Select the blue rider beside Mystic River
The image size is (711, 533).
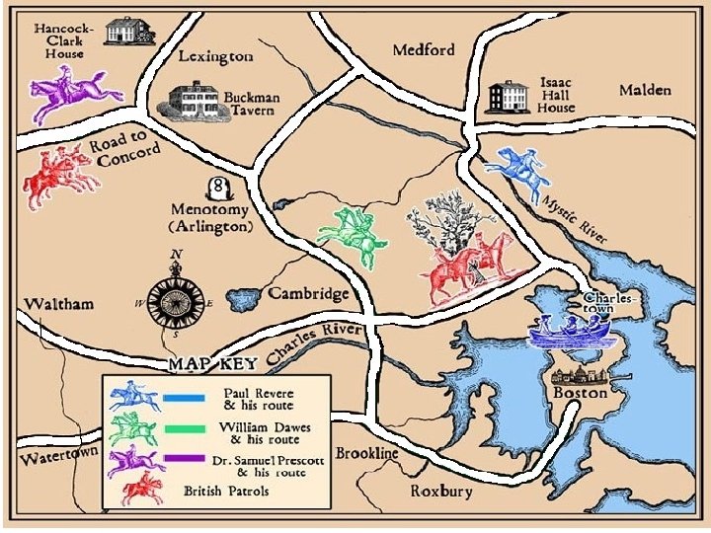(520, 170)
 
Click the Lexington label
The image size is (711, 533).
(215, 57)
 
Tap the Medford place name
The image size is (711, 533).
(424, 50)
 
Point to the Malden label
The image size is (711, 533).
(645, 90)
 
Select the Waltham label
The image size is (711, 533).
(60, 303)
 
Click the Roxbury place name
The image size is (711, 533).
(440, 491)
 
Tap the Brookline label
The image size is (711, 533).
(366, 453)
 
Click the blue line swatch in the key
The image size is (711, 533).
(185, 397)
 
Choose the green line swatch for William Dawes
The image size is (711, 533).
(185, 428)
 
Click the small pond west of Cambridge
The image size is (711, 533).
(244, 297)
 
